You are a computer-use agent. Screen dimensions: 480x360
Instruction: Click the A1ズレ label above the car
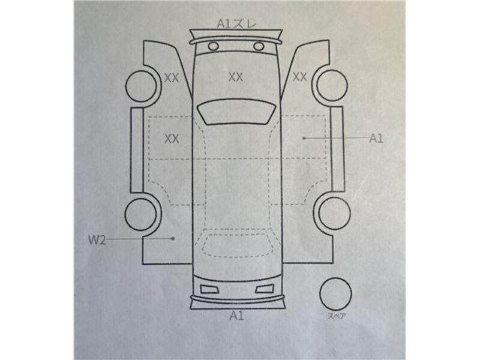237,24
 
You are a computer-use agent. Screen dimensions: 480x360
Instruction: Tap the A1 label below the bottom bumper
237,316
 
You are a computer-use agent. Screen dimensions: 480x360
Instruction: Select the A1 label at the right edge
376,139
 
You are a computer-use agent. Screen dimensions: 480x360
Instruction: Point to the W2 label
97,240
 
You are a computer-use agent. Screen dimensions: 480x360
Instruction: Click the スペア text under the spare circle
336,316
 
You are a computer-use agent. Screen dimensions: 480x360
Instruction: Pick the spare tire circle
335,278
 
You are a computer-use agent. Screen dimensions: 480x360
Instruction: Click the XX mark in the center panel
236,77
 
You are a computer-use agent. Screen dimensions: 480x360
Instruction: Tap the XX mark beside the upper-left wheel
172,78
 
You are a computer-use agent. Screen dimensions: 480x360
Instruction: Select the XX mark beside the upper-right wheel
299,77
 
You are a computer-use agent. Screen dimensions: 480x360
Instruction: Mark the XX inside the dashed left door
172,139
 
